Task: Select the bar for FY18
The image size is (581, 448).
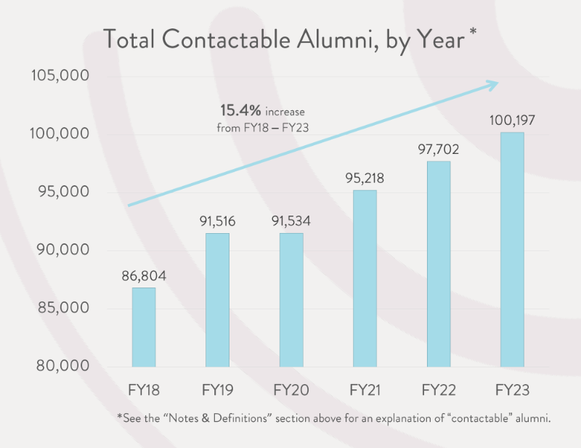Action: click(143, 327)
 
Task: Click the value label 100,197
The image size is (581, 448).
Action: click(512, 120)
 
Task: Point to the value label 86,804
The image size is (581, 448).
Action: click(143, 275)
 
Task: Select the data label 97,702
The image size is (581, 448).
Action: click(438, 149)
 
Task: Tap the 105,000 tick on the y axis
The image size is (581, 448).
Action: click(60, 76)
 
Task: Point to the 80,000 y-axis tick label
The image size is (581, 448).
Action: click(61, 366)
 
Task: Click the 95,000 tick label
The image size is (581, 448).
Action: click(61, 192)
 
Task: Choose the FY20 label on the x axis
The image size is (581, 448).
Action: click(290, 391)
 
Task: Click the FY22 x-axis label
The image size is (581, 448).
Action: click(438, 391)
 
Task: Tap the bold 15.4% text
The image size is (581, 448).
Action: click(240, 111)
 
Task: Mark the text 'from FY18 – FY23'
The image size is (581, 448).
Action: click(261, 127)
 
